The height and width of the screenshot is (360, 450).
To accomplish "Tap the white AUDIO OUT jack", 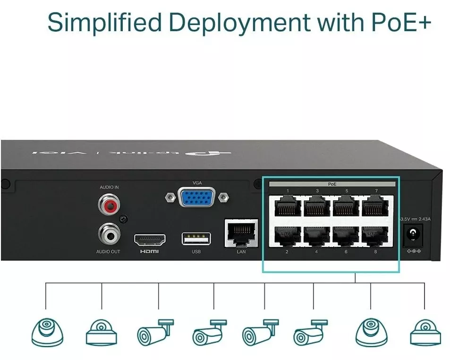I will tap(108, 234).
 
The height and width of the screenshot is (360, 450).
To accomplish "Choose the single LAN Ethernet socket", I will tap(241, 233).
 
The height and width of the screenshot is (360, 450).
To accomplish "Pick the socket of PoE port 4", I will tap(317, 235).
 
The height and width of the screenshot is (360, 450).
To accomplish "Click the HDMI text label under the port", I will tap(150, 252).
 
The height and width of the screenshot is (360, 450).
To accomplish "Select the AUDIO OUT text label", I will tap(108, 252).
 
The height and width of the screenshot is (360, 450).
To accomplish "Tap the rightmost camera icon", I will tap(425, 332).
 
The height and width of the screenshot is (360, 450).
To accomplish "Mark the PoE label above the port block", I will tap(332, 184).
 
